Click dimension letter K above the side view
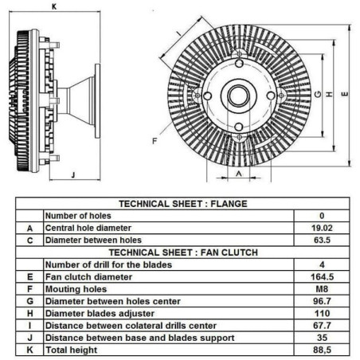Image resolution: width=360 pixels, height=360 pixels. (54, 6)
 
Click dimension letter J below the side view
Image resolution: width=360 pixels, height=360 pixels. (73, 174)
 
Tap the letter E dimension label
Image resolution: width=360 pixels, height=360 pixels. (345, 94)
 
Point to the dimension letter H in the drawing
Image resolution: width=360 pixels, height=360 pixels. (329, 94)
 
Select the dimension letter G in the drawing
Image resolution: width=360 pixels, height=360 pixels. (318, 94)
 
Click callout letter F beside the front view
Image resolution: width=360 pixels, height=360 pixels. (155, 141)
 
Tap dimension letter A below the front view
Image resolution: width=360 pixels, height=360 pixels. (239, 174)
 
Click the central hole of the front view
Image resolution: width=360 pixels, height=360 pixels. (239, 96)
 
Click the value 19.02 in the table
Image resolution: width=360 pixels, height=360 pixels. (322, 228)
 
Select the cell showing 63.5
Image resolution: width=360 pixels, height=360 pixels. (322, 240)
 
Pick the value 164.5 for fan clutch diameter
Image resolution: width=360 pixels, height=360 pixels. (322, 277)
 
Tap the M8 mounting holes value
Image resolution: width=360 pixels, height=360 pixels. (322, 289)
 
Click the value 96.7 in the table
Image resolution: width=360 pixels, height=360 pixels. (322, 301)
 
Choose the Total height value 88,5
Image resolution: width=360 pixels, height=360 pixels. (322, 350)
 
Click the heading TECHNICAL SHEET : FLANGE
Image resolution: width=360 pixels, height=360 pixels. (183, 204)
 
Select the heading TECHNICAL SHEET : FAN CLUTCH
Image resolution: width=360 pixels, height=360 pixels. (183, 252)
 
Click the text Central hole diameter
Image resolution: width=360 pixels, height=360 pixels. (88, 228)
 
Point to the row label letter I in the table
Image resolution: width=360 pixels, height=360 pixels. (29, 326)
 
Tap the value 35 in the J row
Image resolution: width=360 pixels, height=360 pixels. (322, 338)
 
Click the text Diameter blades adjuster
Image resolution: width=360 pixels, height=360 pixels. (100, 313)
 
